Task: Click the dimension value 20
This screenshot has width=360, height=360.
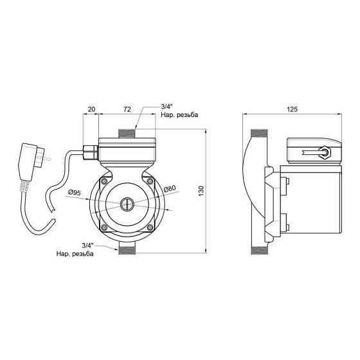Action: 91,109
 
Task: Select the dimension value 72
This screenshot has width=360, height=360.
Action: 127,109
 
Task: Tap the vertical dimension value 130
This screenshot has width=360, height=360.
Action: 201,191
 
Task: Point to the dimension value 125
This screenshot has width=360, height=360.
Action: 292,109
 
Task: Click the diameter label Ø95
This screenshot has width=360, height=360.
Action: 75,192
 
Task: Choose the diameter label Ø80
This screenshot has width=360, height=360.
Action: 170,189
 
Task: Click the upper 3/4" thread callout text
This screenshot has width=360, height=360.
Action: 179,111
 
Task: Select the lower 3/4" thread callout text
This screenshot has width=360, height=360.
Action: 75,249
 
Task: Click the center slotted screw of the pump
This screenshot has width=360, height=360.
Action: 127,204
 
